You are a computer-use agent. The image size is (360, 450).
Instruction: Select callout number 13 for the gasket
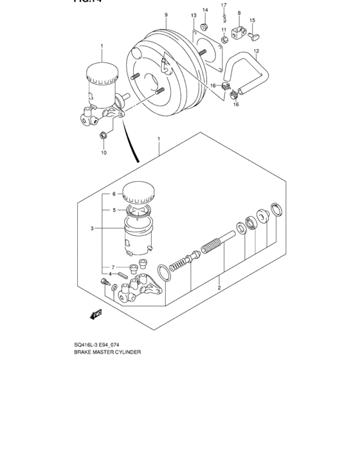(x=194, y=15)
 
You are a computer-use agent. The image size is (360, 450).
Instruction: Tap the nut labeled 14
(x=204, y=26)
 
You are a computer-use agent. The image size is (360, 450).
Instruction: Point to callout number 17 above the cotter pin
(x=224, y=6)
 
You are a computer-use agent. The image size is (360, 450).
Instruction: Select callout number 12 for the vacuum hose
(x=256, y=51)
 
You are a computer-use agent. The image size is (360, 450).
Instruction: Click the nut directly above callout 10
(x=103, y=135)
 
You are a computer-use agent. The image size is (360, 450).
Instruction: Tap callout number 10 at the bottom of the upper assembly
(x=103, y=153)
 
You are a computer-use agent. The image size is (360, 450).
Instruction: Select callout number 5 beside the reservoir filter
(x=114, y=210)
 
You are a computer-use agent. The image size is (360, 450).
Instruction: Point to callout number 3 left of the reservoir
(x=93, y=228)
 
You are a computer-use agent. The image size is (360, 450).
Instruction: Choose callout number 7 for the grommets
(x=113, y=267)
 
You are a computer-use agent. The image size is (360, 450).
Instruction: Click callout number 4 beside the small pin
(x=110, y=274)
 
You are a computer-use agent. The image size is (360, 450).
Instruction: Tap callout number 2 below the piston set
(x=219, y=288)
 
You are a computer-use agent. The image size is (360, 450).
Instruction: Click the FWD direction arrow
(x=96, y=314)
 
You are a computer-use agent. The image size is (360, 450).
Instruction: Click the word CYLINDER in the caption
(x=126, y=352)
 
